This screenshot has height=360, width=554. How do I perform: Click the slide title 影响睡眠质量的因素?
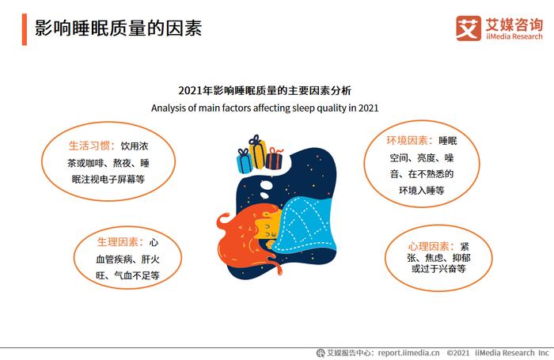click(119, 28)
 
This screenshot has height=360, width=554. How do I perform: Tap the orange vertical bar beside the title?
click(25, 29)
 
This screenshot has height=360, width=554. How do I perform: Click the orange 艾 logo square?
click(469, 28)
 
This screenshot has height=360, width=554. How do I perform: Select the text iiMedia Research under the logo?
click(514, 36)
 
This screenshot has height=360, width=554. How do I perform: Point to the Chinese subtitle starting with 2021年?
click(264, 90)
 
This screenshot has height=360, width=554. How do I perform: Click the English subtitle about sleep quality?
click(264, 108)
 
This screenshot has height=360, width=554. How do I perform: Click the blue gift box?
click(245, 161)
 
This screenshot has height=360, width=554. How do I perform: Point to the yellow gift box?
click(258, 151)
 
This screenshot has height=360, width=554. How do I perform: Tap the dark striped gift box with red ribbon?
click(274, 158)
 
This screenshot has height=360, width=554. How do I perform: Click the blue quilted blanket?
click(305, 225)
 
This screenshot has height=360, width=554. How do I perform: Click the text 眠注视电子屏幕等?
click(108, 179)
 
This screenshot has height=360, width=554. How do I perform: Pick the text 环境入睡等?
click(422, 191)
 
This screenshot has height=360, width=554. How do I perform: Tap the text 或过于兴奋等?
click(438, 268)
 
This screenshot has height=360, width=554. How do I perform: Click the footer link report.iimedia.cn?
click(409, 353)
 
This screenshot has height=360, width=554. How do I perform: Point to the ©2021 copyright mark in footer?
click(458, 353)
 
